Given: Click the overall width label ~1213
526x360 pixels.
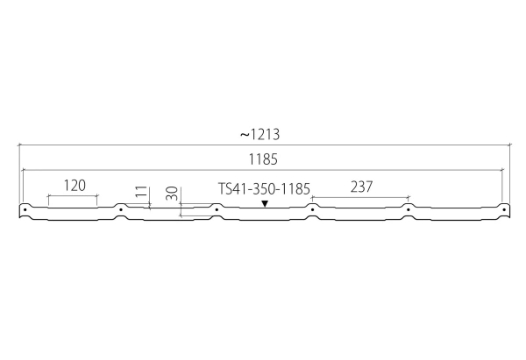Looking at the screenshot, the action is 259,134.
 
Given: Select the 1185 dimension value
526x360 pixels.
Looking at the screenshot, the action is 263,159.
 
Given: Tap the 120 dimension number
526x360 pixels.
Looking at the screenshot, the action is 75,186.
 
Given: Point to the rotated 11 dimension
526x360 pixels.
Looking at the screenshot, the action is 142,192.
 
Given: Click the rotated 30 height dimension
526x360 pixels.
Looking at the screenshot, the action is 172,194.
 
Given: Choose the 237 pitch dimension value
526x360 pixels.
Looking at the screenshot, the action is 361,187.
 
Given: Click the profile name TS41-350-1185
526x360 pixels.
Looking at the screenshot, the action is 264,188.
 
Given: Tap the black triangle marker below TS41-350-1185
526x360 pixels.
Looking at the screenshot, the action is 265,203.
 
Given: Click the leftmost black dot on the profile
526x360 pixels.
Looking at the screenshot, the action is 25,210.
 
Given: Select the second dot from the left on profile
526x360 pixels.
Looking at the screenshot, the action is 121,210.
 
